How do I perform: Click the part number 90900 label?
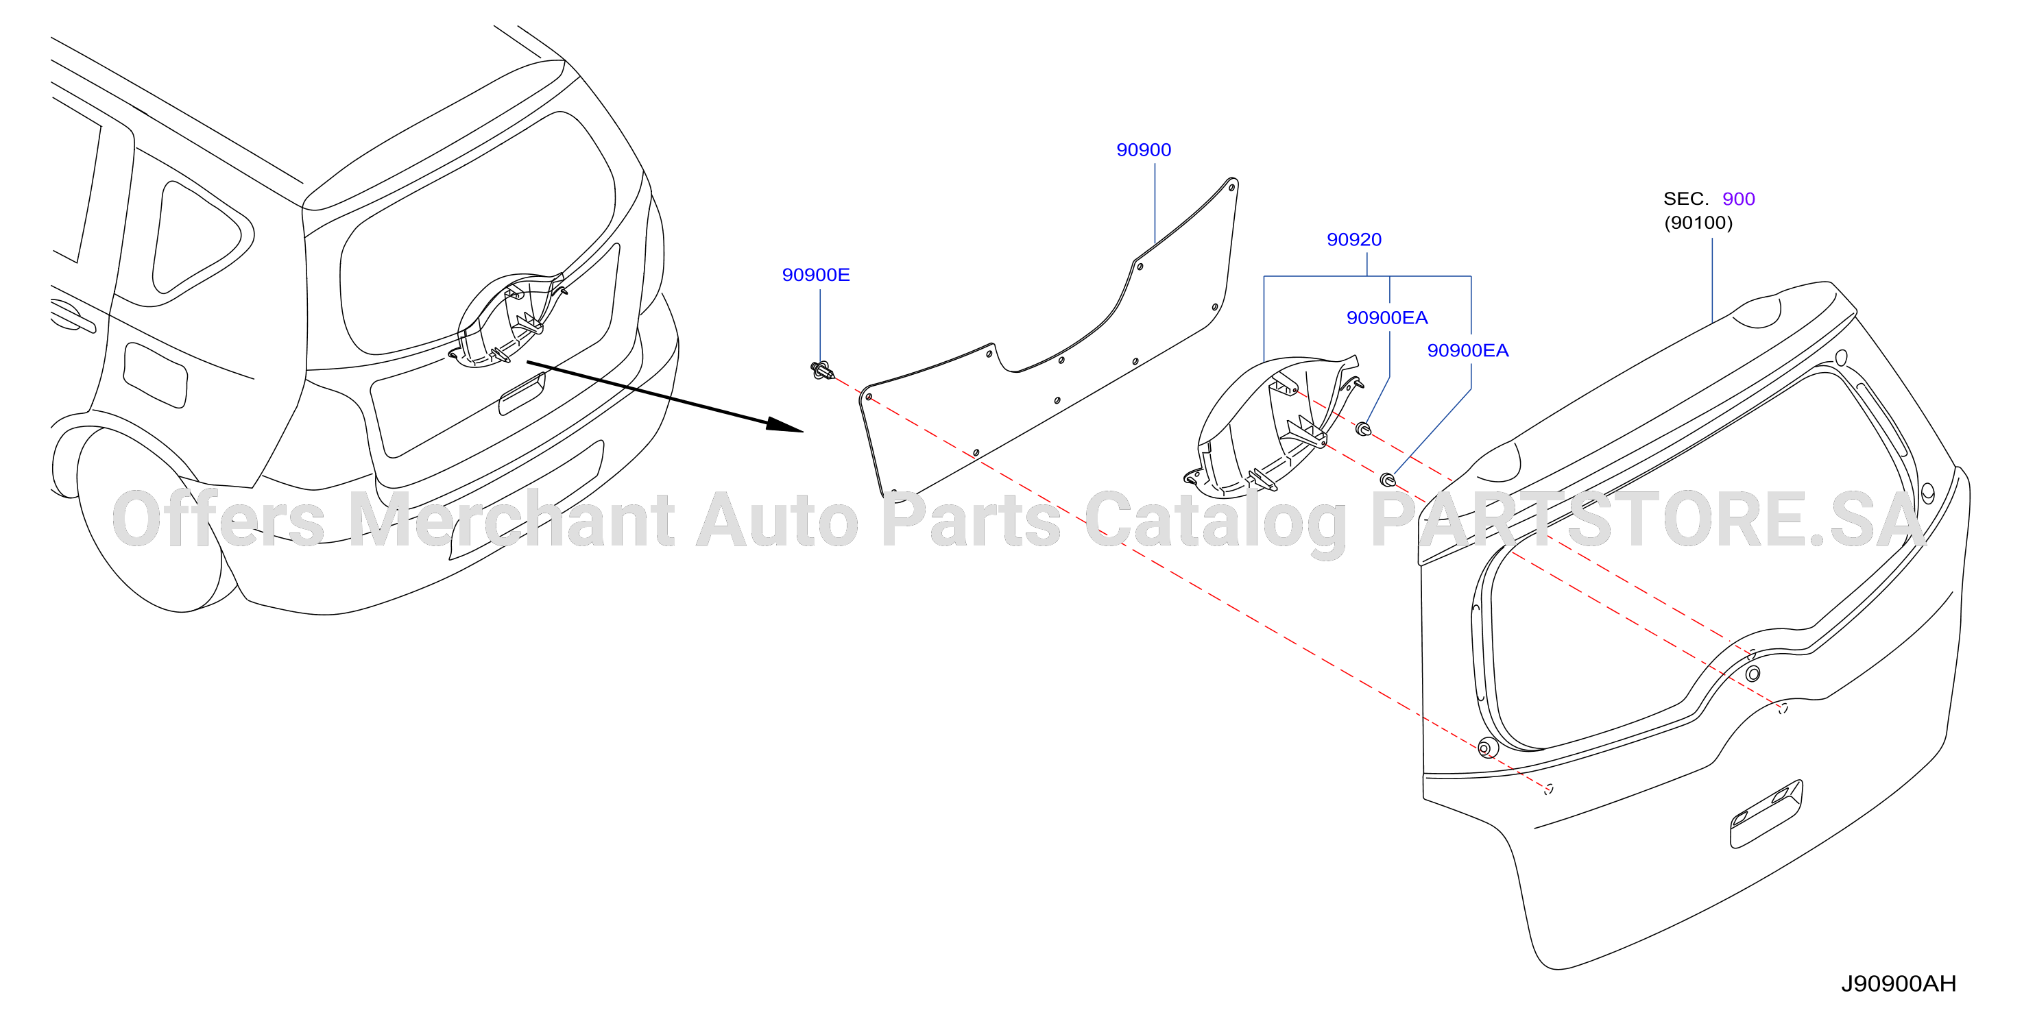[x=1143, y=150]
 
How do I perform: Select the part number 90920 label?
[x=1354, y=240]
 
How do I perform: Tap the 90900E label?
[x=816, y=275]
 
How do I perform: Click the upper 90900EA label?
[x=1387, y=318]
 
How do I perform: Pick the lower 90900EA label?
[x=1468, y=351]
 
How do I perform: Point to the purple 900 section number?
[x=1739, y=199]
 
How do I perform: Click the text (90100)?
[x=1698, y=223]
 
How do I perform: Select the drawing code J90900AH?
[x=1899, y=984]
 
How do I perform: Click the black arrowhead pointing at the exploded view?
[x=785, y=426]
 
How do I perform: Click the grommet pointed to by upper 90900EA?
[x=1364, y=430]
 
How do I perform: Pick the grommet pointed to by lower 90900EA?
[x=1388, y=479]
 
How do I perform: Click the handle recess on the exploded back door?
[x=1766, y=814]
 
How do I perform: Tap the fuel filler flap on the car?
[x=156, y=375]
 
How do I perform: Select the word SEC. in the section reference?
[x=1686, y=199]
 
